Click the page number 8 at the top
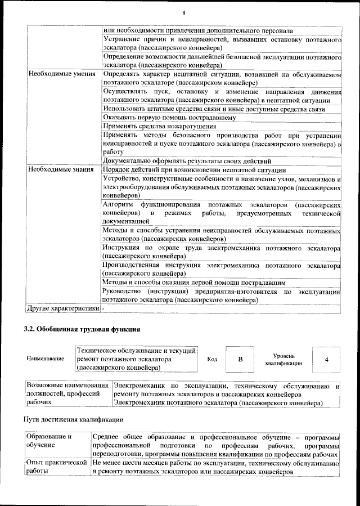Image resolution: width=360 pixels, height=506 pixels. pyautogui.click(x=183, y=13)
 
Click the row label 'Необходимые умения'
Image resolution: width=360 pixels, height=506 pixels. pyautogui.click(x=60, y=74)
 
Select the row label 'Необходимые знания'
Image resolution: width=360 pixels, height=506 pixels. pyautogui.click(x=60, y=169)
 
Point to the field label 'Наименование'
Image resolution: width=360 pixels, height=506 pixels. pyautogui.click(x=45, y=359)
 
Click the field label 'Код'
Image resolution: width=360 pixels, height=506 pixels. pyautogui.click(x=212, y=359)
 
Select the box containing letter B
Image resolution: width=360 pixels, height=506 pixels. pyautogui.click(x=240, y=359)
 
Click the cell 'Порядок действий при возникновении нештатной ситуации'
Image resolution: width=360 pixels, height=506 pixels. pyautogui.click(x=194, y=169)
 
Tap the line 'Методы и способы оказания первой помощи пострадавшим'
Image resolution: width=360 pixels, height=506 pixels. pyautogui.click(x=193, y=282)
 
